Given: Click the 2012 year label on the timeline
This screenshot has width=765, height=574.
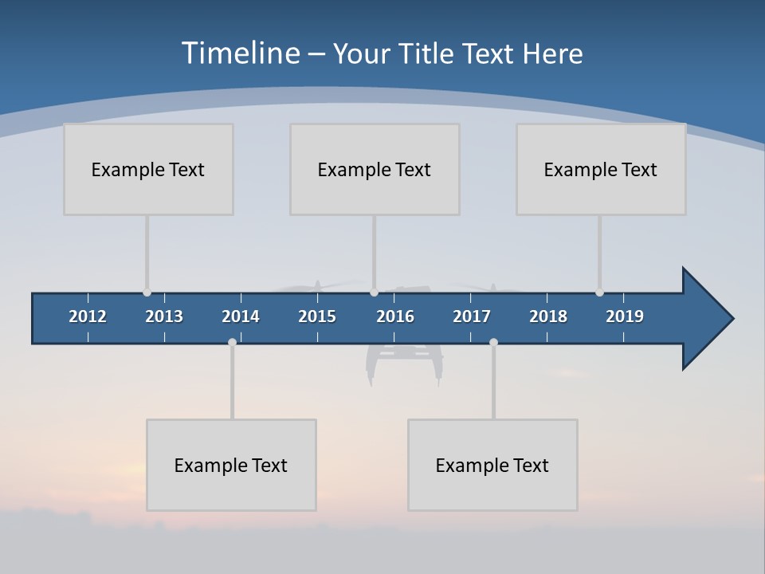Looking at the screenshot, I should click(88, 316).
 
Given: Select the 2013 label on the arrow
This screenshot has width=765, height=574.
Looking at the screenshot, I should click(164, 316).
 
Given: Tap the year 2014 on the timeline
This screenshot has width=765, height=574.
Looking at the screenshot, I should click(241, 316).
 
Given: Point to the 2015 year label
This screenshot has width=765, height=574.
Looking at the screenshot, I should click(317, 316).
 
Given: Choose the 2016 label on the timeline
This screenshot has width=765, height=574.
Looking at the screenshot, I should click(395, 316).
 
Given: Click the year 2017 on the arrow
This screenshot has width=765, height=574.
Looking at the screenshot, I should click(472, 316).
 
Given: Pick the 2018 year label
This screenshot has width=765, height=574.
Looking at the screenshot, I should click(548, 316).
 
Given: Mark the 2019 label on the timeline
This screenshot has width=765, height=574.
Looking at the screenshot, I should click(625, 316).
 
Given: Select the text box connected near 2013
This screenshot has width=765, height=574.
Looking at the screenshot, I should click(148, 169).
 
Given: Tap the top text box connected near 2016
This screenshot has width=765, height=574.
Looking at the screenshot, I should click(375, 169).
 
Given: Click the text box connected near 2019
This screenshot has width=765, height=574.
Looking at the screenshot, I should click(601, 169).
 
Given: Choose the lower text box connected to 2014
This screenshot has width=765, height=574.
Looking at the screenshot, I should click(231, 465).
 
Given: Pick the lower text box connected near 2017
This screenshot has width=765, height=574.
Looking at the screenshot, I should click(492, 465).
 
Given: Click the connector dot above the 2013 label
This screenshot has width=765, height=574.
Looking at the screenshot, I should click(147, 293).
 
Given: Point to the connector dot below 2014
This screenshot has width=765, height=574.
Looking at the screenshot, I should click(232, 342).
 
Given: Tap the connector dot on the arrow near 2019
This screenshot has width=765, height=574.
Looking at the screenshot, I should click(599, 293).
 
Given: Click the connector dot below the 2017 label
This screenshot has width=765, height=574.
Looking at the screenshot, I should click(493, 342).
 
